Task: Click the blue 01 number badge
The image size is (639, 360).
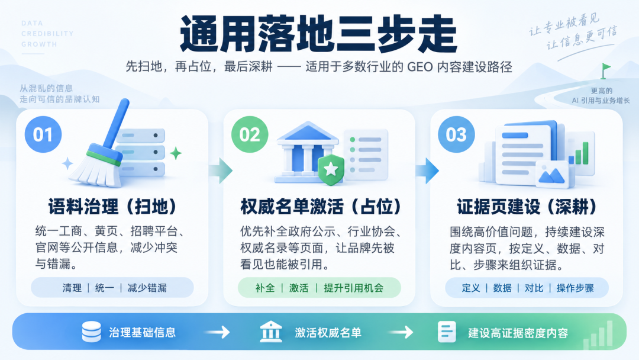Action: [43, 134]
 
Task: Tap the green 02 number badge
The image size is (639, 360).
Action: [250, 134]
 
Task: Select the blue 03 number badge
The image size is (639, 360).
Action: [456, 134]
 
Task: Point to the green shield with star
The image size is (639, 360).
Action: [331, 169]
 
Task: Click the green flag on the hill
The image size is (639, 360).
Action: [605, 70]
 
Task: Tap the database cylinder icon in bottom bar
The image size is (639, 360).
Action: [91, 332]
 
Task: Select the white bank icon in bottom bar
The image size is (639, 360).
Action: [270, 332]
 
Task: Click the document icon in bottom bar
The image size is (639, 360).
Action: [447, 332]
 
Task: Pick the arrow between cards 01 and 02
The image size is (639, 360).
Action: [221, 171]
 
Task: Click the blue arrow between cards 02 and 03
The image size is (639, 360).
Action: [427, 171]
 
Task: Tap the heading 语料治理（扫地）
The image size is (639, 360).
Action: [112, 207]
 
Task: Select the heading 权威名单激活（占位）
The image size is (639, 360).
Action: [321, 207]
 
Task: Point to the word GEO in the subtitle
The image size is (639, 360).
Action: [414, 66]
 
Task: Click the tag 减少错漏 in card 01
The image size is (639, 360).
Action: [147, 288]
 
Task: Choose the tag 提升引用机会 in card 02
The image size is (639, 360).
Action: [354, 288]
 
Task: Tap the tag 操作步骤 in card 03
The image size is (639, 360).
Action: [575, 288]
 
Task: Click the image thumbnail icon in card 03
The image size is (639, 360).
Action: [553, 175]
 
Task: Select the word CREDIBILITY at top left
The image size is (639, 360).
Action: [47, 33]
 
